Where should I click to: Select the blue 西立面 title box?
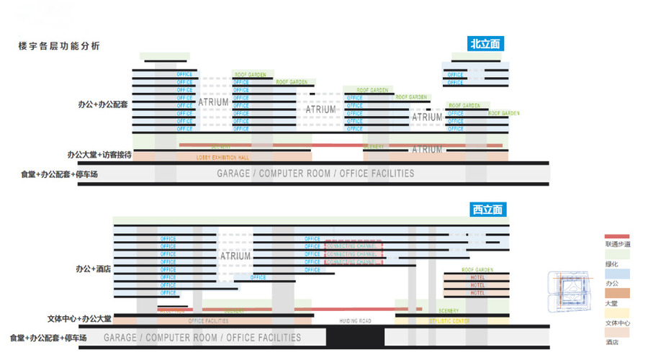pos(487,210)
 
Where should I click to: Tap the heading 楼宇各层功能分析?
pos(59,46)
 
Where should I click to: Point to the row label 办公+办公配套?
pos(102,104)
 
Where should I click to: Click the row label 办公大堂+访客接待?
pos(99,154)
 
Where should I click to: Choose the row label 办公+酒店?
pos(98,269)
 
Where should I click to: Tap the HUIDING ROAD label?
pos(355,320)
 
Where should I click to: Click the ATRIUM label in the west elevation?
pos(235,256)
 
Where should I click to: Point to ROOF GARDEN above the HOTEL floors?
pos(477,270)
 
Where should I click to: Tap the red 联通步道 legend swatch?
pos(617,236)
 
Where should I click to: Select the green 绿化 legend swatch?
pos(617,254)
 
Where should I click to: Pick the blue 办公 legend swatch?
pos(617,274)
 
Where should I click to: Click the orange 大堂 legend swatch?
pos(617,294)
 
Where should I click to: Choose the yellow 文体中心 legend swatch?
pos(617,313)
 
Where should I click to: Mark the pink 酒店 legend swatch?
pos(617,333)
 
